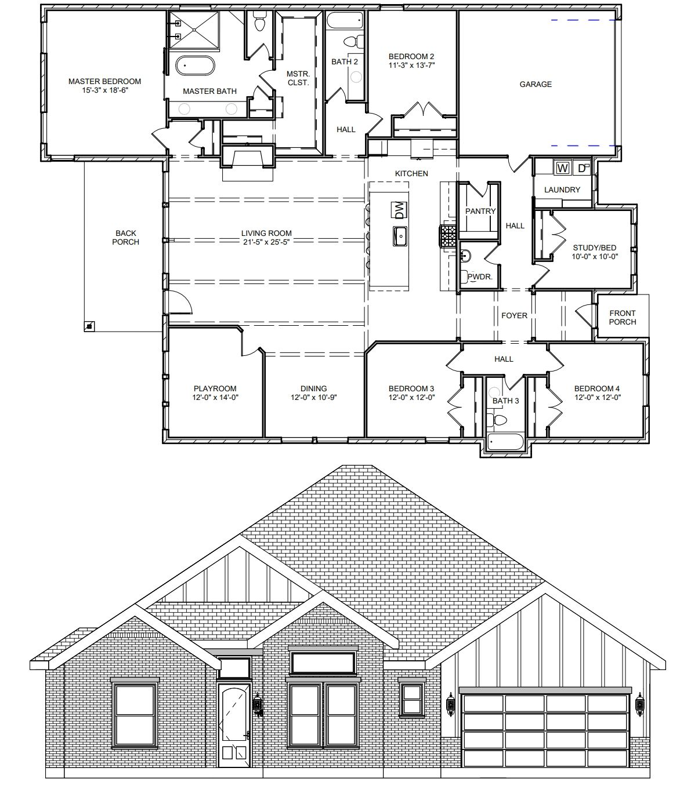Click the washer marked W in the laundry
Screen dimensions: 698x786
coord(562,168)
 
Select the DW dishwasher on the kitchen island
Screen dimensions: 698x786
coord(400,210)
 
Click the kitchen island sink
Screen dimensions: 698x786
coord(400,236)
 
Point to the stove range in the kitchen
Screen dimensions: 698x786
coord(449,236)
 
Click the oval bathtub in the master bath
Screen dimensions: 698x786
coord(195,66)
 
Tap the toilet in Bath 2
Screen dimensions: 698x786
coord(354,41)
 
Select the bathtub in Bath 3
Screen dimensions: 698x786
coord(505,441)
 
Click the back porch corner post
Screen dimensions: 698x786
coord(89,326)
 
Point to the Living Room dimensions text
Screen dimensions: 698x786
coord(266,242)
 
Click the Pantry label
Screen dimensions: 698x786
coord(480,211)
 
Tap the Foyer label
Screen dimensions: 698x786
coord(514,315)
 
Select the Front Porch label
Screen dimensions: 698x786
coord(622,317)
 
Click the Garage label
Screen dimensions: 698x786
coord(536,84)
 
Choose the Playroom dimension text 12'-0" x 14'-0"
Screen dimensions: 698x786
coord(215,397)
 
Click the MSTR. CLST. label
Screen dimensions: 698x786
coord(298,78)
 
